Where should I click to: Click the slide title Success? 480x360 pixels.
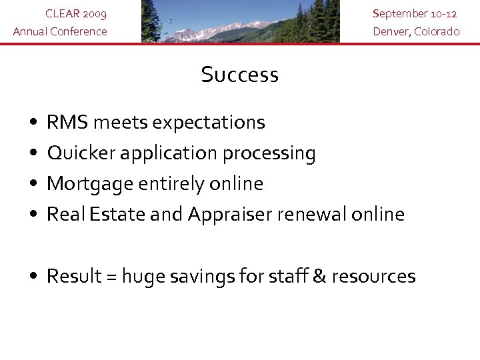pyautogui.click(x=239, y=75)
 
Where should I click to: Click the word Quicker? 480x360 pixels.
pyautogui.click(x=83, y=153)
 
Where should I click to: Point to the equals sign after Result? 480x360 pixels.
pyautogui.click(x=112, y=277)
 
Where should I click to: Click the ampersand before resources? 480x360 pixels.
pyautogui.click(x=319, y=276)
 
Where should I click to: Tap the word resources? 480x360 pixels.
pyautogui.click(x=373, y=277)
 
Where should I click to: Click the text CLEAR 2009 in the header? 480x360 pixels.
pyautogui.click(x=75, y=13)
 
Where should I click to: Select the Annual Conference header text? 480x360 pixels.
pyautogui.click(x=60, y=31)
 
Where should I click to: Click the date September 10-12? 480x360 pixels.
pyautogui.click(x=415, y=13)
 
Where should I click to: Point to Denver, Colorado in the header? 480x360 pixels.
pyautogui.click(x=416, y=31)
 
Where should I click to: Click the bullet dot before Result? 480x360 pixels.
pyautogui.click(x=33, y=277)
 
